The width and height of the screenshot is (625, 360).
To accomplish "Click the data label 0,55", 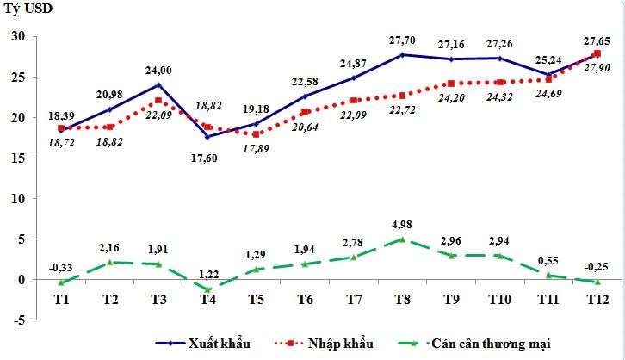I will (x=551, y=261).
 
